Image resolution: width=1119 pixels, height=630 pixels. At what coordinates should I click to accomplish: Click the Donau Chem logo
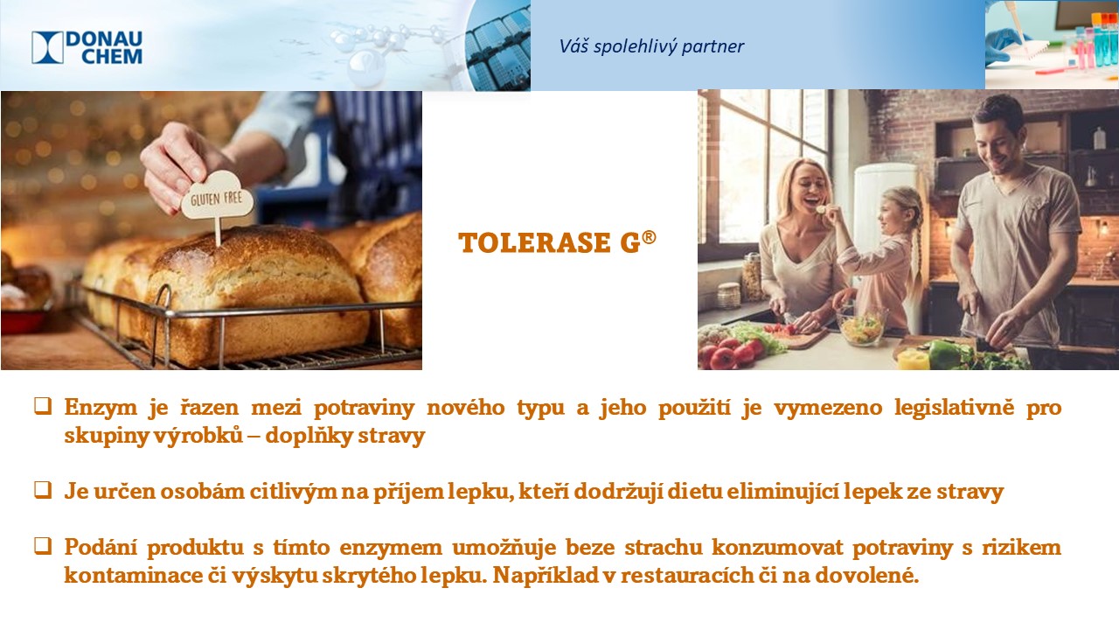(x=87, y=47)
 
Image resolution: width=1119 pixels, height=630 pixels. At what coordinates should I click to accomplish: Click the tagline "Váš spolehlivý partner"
(x=651, y=46)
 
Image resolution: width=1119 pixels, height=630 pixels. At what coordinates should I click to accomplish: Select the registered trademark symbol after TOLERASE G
(x=649, y=236)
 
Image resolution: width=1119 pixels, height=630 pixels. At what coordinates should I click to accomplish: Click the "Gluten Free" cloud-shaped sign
(x=217, y=196)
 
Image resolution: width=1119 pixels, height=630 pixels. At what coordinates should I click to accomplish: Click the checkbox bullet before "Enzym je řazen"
(x=43, y=406)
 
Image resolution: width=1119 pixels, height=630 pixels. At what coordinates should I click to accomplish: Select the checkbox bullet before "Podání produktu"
(x=43, y=546)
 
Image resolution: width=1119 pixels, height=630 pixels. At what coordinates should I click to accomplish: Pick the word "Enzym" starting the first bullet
(x=101, y=408)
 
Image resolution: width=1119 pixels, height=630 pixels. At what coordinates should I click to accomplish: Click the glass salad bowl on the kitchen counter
(x=861, y=327)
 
